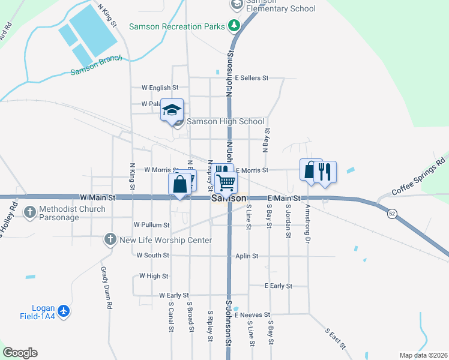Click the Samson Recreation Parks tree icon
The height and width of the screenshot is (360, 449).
234,26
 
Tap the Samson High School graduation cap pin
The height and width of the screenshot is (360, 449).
172,110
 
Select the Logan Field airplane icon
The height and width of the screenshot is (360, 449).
65,311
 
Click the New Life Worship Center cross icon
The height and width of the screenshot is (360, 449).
110,240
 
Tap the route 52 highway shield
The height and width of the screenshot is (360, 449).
391,214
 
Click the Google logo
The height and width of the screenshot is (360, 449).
20,353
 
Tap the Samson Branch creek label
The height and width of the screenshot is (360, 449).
96,65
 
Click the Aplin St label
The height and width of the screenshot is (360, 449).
247,256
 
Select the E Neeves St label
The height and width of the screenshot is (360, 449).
253,314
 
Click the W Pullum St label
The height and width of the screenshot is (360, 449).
152,224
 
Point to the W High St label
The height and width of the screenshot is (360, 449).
154,276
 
